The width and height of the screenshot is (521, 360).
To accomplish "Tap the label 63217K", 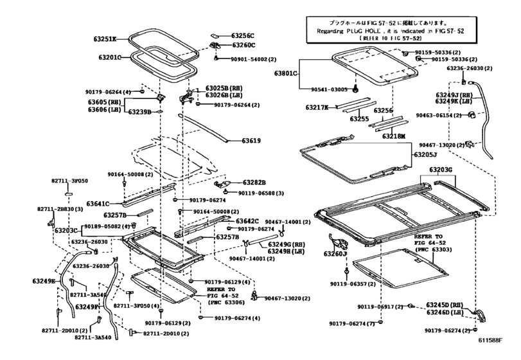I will (x=317, y=107).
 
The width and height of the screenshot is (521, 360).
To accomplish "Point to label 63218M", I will (x=394, y=136).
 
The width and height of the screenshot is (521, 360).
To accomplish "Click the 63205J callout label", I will (x=425, y=155).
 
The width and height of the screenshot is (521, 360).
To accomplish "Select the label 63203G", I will (x=441, y=170).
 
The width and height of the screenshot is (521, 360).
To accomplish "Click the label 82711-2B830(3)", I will (x=60, y=210).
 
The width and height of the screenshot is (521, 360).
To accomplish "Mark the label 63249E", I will (x=44, y=282).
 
